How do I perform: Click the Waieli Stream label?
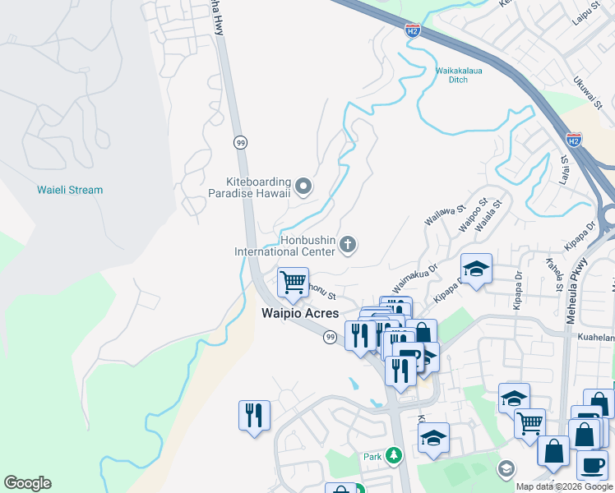tap(70, 190)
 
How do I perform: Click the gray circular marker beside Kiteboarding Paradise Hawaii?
tap(303, 188)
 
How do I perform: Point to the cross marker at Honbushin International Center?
tap(348, 245)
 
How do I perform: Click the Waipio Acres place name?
tap(299, 313)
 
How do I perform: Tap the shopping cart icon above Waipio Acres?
tap(293, 283)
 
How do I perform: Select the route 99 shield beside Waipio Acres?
tap(329, 338)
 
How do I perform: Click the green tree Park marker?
tap(395, 454)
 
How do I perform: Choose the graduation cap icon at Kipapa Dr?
tap(476, 269)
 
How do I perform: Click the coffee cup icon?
tap(592, 465)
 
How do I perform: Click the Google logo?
tap(27, 483)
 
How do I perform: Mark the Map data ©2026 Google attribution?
tap(563, 486)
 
